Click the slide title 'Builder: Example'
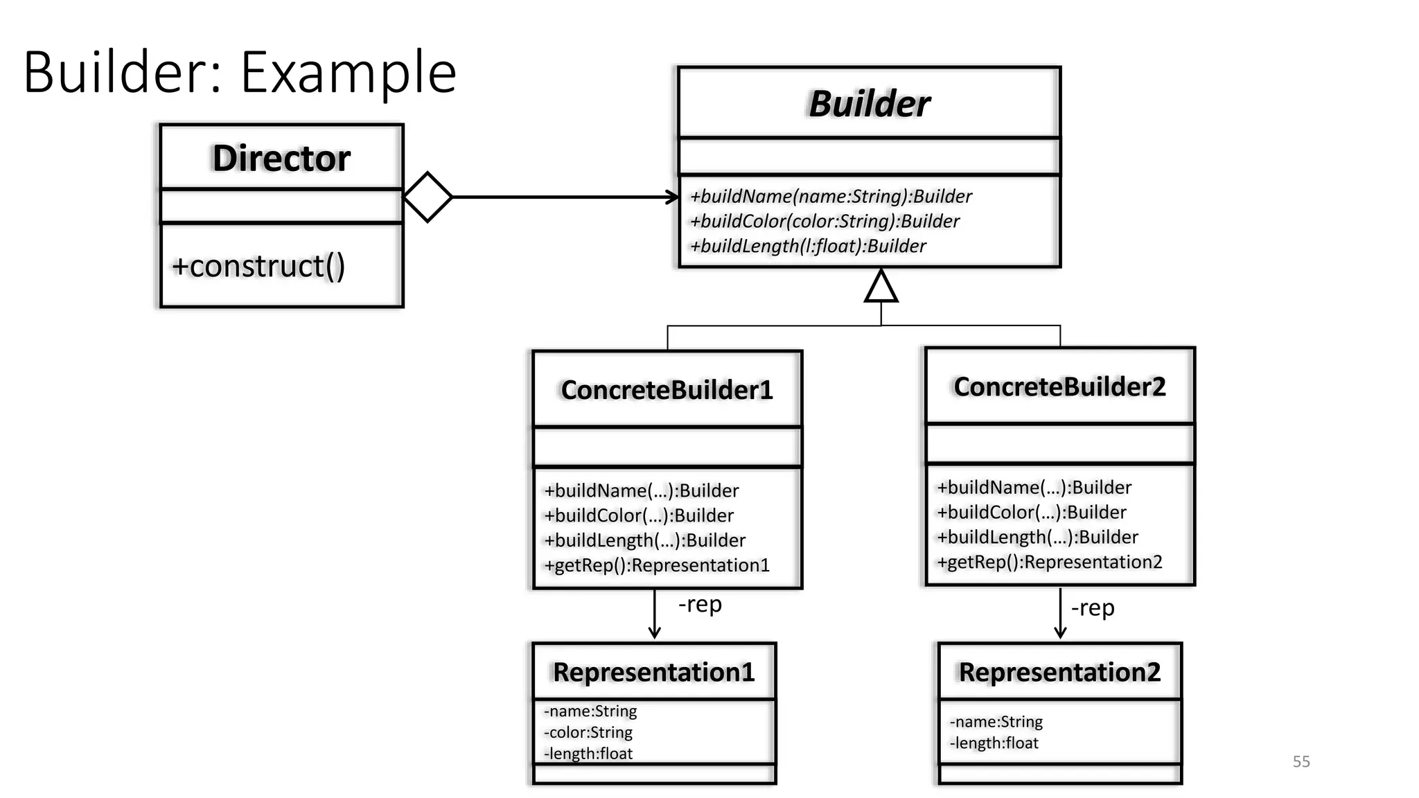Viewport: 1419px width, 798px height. (x=240, y=72)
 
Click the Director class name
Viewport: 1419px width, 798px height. (x=281, y=158)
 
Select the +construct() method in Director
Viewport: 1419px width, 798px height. (x=258, y=266)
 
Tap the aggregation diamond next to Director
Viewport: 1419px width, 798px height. (x=428, y=197)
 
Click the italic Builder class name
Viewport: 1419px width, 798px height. (x=869, y=104)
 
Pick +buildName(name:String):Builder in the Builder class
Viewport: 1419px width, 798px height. (x=831, y=197)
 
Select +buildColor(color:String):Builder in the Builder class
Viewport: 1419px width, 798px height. (x=825, y=222)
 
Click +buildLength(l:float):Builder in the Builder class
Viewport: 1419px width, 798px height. (x=808, y=247)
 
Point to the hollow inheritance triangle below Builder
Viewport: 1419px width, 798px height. (x=881, y=287)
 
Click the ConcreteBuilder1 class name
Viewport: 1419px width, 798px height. (x=667, y=390)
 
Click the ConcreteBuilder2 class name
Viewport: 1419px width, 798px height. (x=1059, y=387)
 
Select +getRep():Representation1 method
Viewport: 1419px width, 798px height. (x=657, y=565)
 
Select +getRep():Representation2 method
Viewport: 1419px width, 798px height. (x=1049, y=562)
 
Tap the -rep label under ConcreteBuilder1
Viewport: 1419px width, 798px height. (x=700, y=605)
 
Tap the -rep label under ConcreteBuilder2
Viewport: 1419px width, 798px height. (x=1093, y=608)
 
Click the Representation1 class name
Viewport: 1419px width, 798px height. (x=653, y=672)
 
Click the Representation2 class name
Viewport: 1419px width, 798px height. (x=1059, y=672)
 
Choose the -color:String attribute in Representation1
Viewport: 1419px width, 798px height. (x=588, y=732)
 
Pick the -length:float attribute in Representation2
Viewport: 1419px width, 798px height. (x=994, y=743)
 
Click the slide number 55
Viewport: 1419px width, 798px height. (x=1301, y=761)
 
